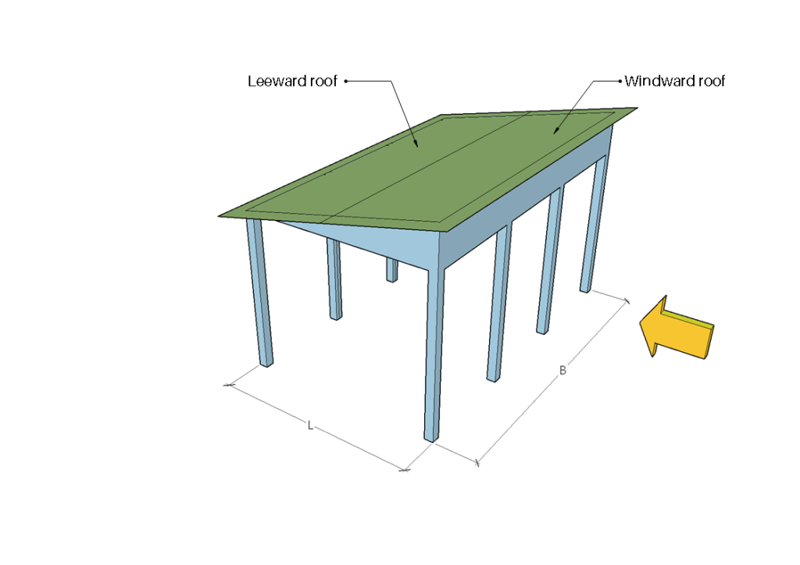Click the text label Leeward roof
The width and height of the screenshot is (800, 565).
point(292,81)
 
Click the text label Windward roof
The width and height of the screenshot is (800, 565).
point(674,81)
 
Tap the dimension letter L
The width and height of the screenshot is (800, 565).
point(310,425)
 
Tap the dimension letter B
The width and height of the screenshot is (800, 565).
point(562,370)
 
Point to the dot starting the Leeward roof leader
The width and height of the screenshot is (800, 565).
point(345,80)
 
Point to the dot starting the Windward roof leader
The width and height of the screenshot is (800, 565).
point(620,80)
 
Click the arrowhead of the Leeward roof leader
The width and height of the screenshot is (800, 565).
point(417,146)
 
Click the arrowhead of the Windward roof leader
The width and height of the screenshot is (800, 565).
point(555,133)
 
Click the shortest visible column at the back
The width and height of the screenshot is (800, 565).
point(391,270)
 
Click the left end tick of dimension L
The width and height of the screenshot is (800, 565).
point(229,385)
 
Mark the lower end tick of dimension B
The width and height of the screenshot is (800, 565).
point(477,464)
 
